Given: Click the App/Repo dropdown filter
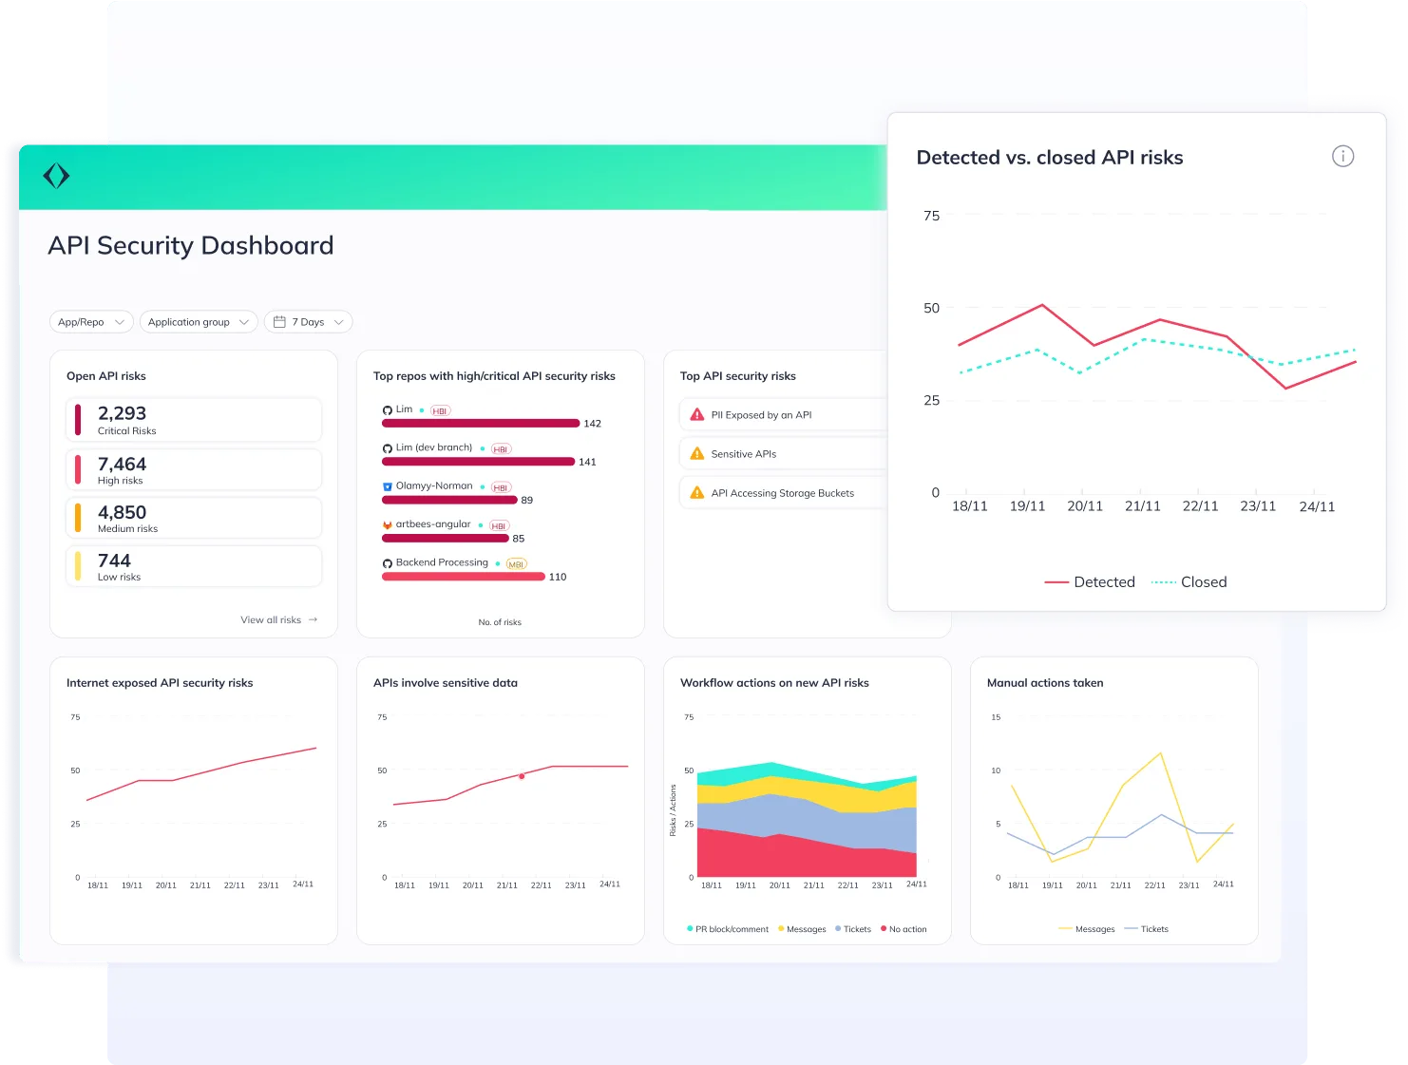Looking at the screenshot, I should point(90,322).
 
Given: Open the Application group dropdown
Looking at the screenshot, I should point(198,322).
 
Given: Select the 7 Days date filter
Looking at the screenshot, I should point(308,322).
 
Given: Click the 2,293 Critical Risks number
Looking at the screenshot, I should point(122,413).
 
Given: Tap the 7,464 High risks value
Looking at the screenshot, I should point(122,465).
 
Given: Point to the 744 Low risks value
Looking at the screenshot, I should point(114,561).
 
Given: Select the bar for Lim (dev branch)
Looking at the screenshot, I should point(478,462).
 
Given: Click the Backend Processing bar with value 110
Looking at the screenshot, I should point(463,577).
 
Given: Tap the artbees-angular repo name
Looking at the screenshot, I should point(432,524).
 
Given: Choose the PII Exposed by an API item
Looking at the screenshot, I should point(761,415).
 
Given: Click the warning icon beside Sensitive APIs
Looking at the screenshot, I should point(697,454).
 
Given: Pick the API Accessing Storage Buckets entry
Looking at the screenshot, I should point(782,493).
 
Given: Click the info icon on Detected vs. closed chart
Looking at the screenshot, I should point(1342,157).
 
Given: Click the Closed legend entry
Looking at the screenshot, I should point(1189,582).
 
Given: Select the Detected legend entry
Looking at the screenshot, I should point(1090,582).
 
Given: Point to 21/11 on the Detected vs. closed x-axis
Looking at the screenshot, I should point(1142,506).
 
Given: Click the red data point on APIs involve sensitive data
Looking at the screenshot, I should point(522,776).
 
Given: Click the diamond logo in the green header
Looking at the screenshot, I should point(57,176).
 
